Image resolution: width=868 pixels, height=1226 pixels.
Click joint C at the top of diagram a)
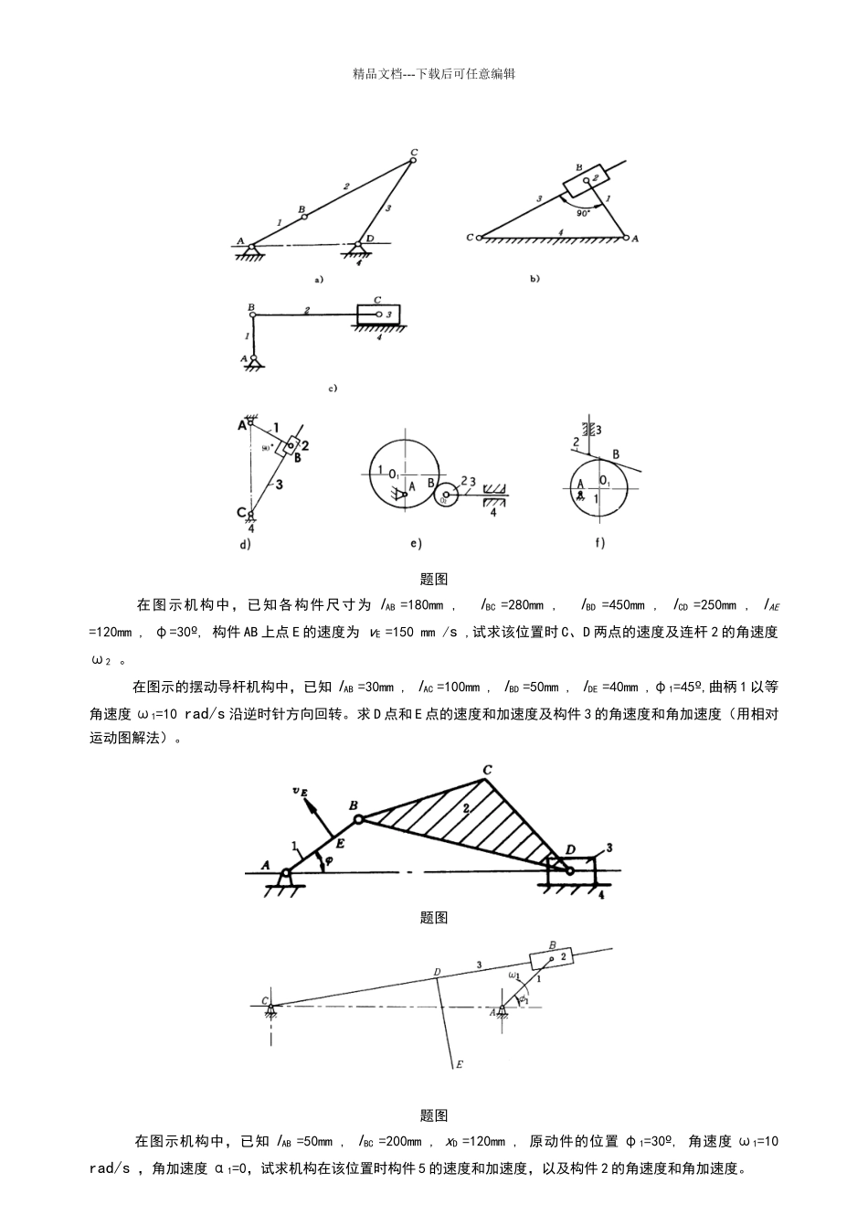[413, 160]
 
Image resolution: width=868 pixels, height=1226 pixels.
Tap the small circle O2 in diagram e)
[444, 498]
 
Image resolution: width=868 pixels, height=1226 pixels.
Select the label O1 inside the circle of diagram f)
[604, 479]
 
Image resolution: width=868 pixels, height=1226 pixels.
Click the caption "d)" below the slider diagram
[245, 544]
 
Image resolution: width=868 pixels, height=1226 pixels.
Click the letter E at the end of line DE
[459, 1064]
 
